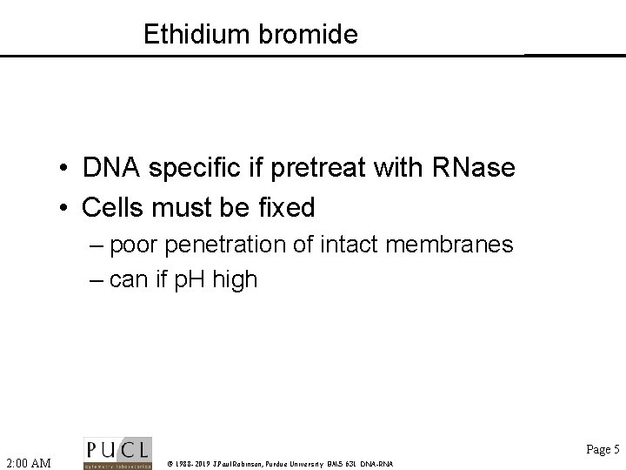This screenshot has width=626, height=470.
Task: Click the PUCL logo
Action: (x=117, y=453)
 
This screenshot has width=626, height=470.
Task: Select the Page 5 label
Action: (x=603, y=450)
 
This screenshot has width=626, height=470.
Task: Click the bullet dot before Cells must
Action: (x=65, y=209)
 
